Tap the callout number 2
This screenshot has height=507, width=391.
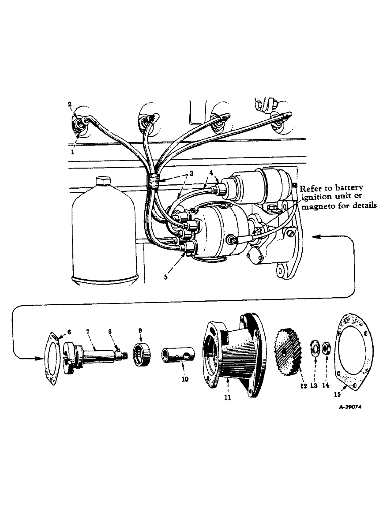70,104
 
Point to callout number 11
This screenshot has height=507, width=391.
227,397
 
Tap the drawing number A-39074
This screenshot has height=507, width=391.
353,421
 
